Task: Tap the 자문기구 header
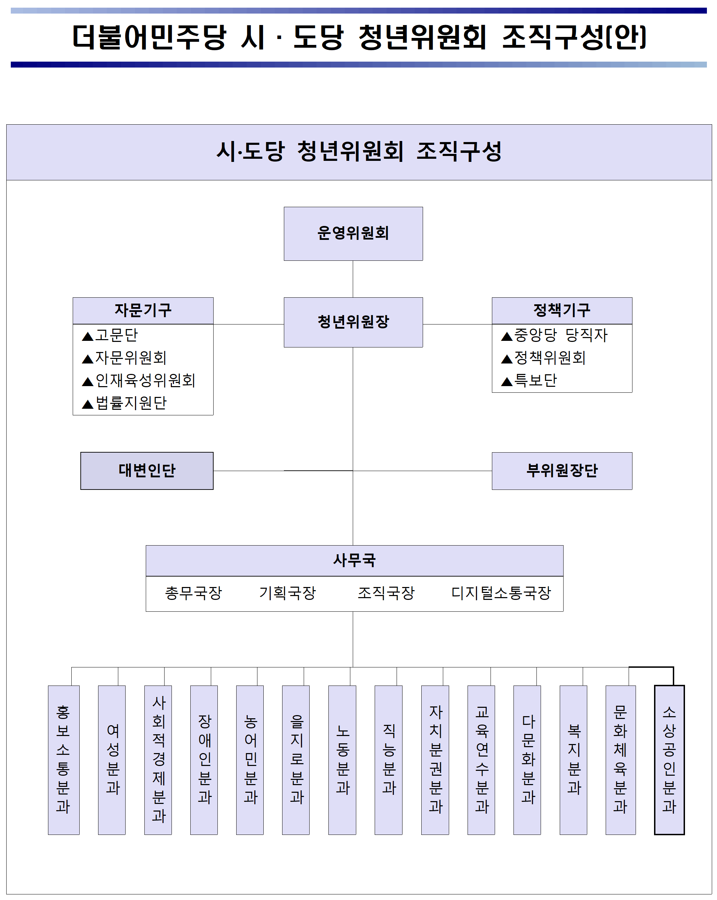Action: click(143, 310)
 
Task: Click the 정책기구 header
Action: click(561, 310)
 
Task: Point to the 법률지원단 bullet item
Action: click(124, 403)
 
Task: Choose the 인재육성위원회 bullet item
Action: click(138, 380)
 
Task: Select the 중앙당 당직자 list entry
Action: click(554, 335)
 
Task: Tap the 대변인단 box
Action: click(147, 470)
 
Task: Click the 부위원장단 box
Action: click(561, 470)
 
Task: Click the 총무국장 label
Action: click(193, 593)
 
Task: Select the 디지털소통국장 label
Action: click(501, 593)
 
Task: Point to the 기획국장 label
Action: click(288, 593)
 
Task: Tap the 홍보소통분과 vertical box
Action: click(63, 760)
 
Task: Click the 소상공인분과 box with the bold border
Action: click(669, 760)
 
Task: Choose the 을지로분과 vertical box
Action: click(296, 760)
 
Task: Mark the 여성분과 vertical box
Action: click(112, 760)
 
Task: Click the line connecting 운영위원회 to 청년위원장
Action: click(353, 279)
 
